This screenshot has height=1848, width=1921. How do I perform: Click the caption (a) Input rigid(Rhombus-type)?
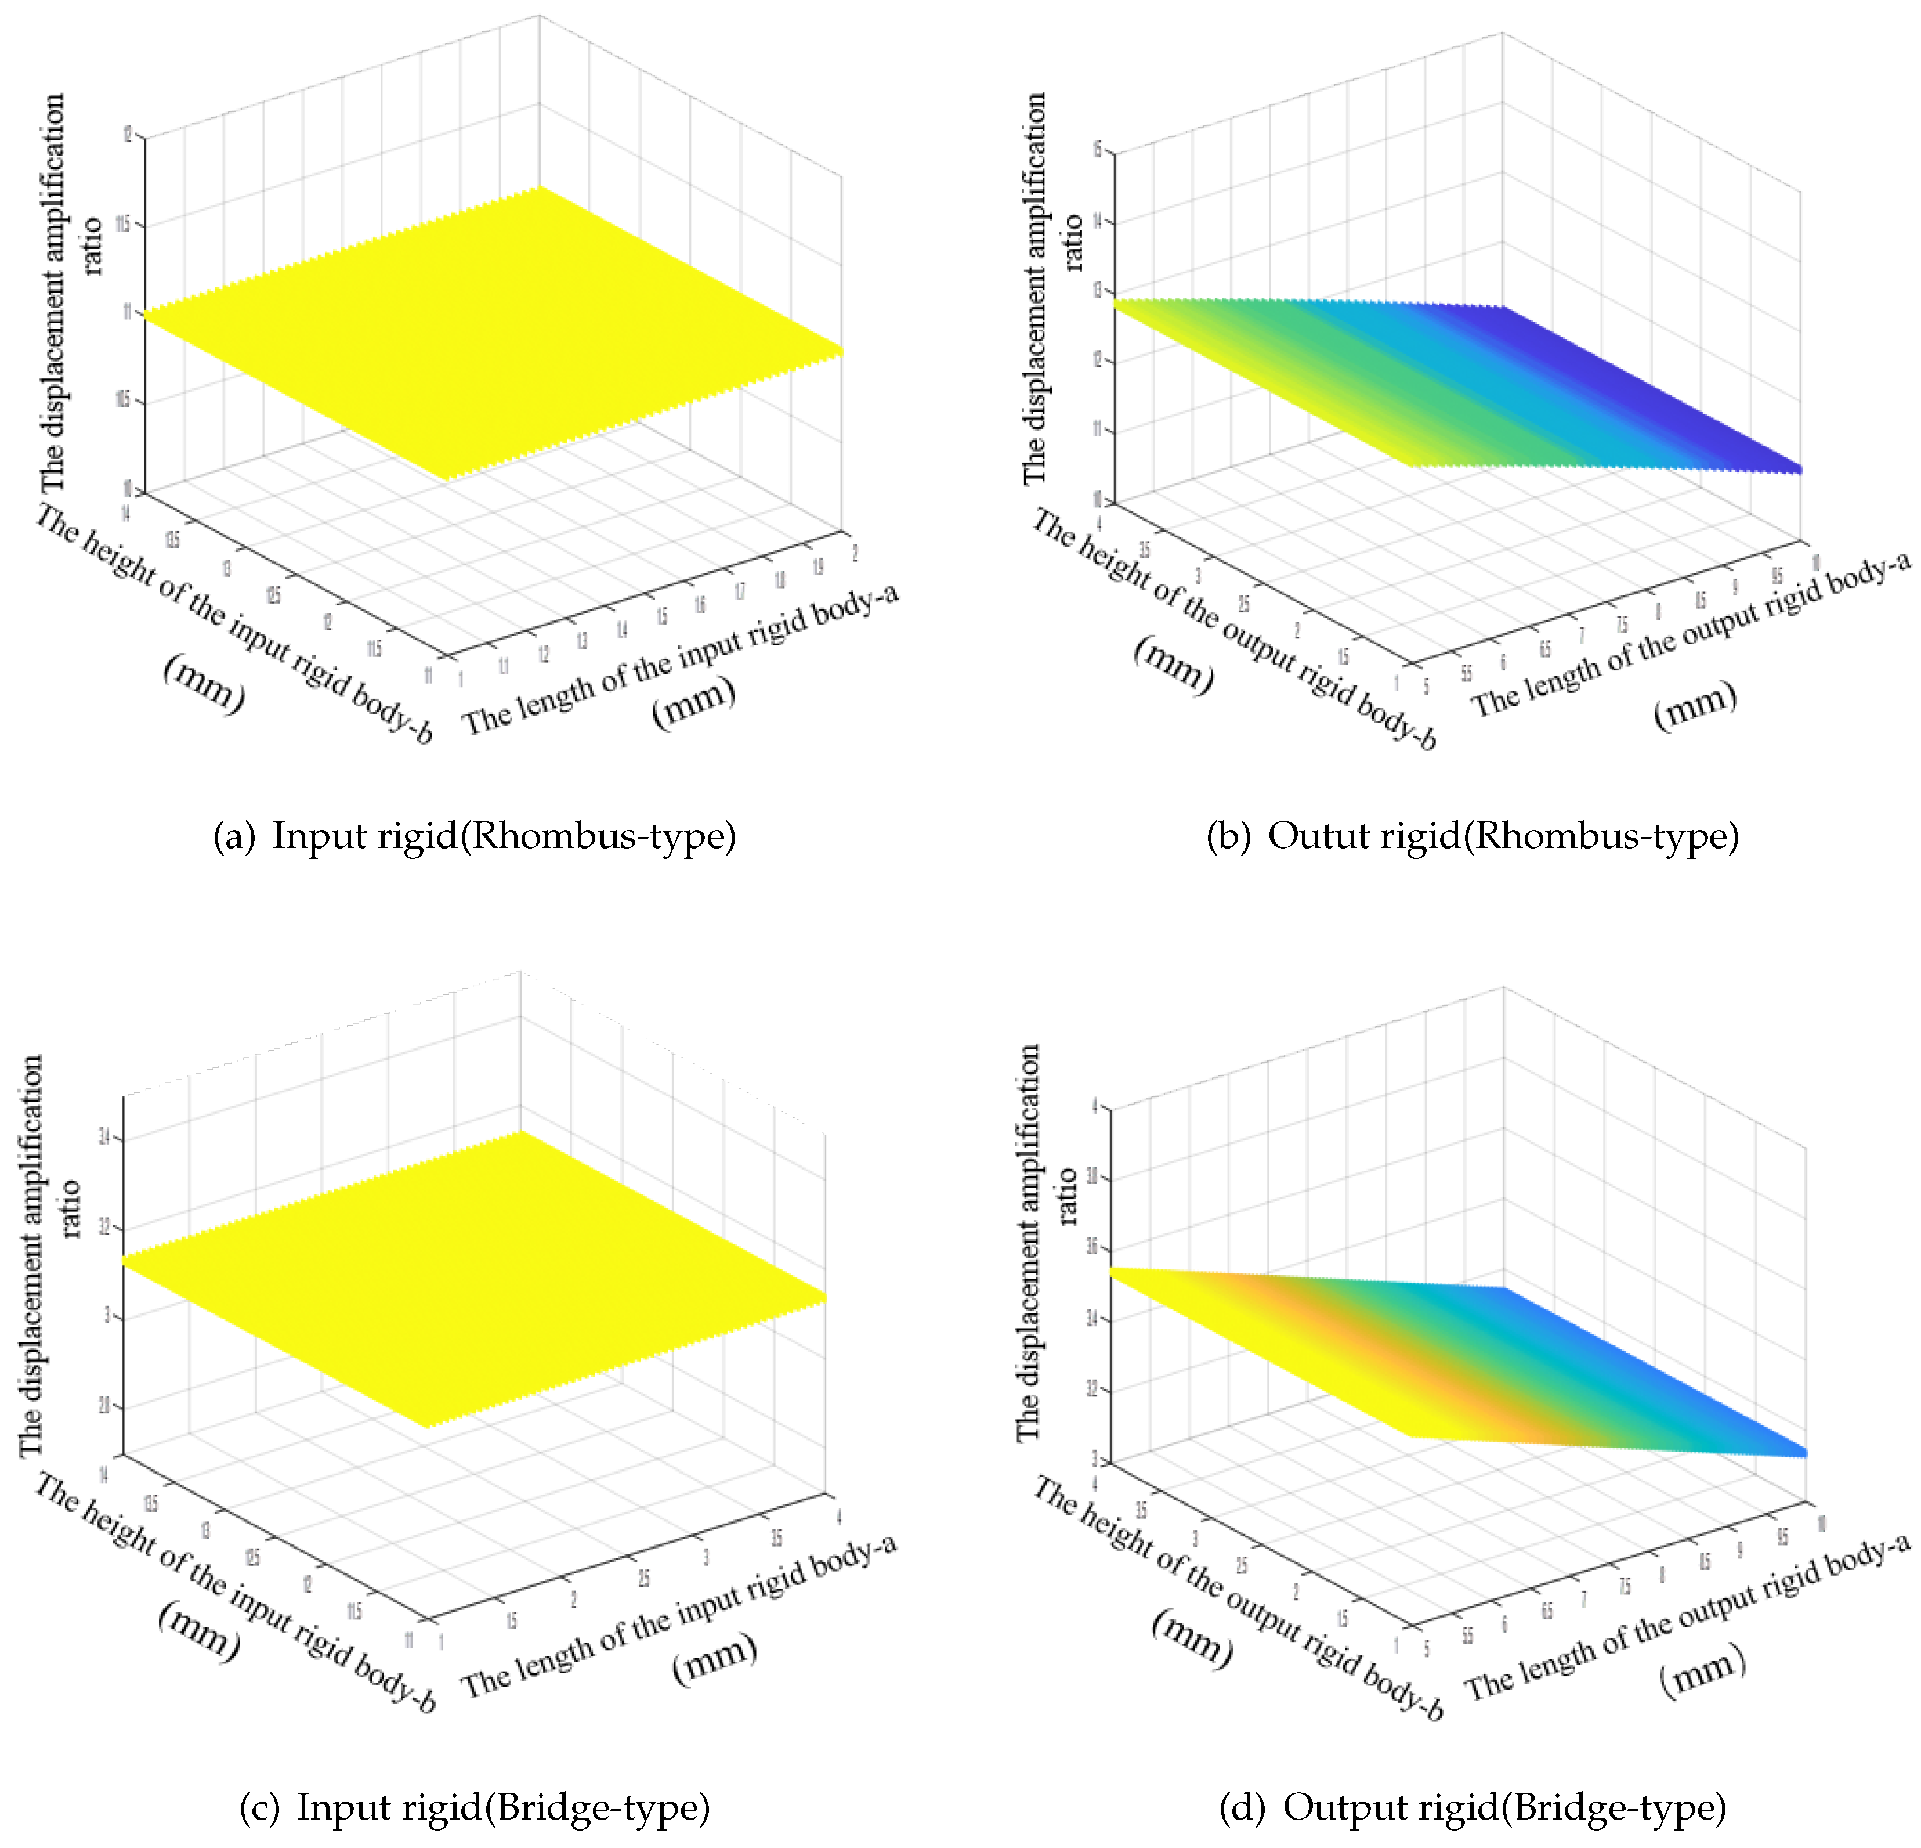point(475,836)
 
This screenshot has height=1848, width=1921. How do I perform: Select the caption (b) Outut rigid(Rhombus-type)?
point(1472,836)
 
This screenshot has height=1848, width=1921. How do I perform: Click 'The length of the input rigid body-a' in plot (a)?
point(680,659)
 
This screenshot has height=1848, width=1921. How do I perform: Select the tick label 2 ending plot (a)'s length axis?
point(855,554)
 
